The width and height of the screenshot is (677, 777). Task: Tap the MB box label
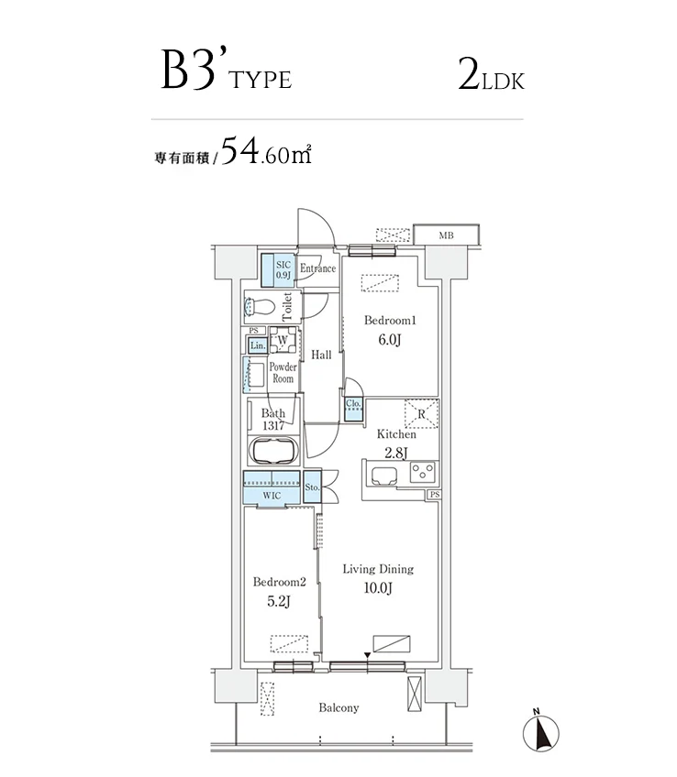[446, 235]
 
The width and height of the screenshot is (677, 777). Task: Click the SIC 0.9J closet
[283, 269]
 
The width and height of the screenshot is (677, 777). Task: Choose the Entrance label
[317, 268]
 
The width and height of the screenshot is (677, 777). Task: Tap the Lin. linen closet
[257, 345]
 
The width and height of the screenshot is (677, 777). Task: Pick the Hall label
[321, 356]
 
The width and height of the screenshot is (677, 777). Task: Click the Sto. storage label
[312, 487]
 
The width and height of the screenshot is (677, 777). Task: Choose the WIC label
[271, 495]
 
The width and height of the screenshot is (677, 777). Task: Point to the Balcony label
[338, 707]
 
